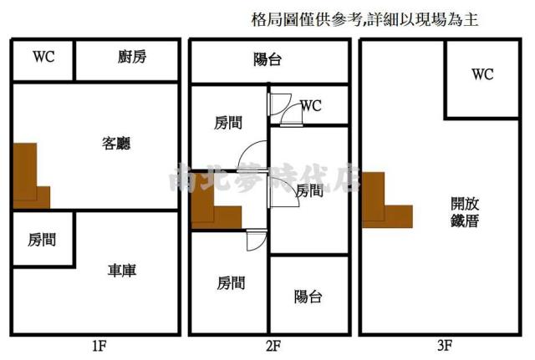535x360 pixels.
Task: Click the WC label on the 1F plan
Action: click(43, 58)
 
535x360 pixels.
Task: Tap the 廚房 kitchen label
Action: click(131, 58)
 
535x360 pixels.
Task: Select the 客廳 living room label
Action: click(117, 143)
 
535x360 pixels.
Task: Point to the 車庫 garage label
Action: click(122, 271)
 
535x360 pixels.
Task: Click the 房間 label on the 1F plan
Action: click(42, 240)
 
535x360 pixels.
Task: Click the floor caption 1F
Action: click(99, 344)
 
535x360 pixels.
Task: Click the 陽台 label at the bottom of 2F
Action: click(308, 297)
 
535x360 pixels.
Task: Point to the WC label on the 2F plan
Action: click(311, 106)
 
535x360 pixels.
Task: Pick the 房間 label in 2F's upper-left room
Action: click(227, 123)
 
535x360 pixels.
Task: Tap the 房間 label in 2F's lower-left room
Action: click(230, 282)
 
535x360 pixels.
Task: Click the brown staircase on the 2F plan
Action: click(214, 205)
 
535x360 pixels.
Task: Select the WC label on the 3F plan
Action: click(482, 74)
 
